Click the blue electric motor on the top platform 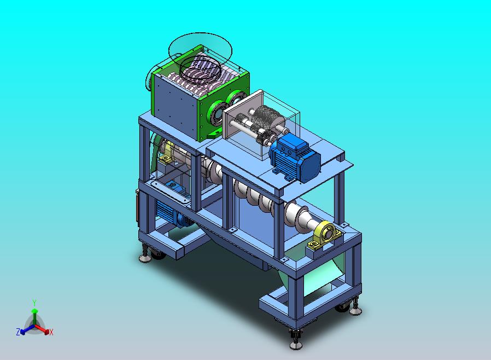tap(295, 159)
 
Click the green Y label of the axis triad tap(34, 303)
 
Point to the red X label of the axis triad tap(51, 332)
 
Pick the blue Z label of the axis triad tap(18, 332)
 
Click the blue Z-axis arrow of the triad tap(27, 329)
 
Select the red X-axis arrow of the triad tap(42, 329)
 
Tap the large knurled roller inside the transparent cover tap(266, 119)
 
